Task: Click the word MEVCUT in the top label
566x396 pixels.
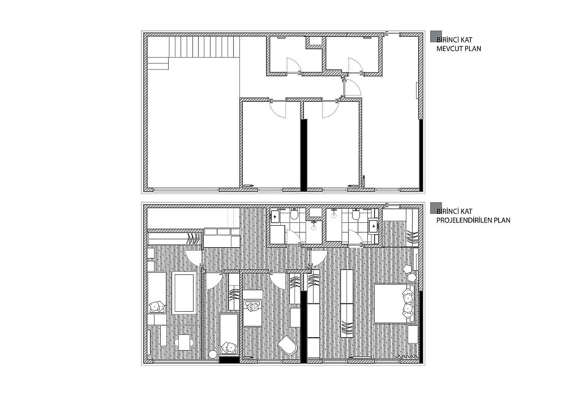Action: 450,48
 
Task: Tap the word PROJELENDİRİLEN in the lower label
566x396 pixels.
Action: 465,220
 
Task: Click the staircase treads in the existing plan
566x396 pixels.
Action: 204,46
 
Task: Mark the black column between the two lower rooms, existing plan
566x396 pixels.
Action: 304,154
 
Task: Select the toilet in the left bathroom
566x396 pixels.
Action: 294,214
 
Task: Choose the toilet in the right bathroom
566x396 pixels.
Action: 356,214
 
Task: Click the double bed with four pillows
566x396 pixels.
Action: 395,303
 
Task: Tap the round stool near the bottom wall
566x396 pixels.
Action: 213,355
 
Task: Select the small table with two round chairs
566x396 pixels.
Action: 184,342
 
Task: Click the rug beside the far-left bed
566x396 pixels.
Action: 184,292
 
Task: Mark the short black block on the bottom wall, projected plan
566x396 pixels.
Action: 229,359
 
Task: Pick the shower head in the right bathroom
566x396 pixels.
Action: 334,213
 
